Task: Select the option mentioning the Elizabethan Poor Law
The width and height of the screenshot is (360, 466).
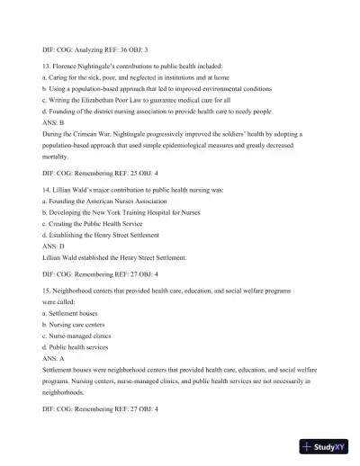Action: point(136,100)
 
